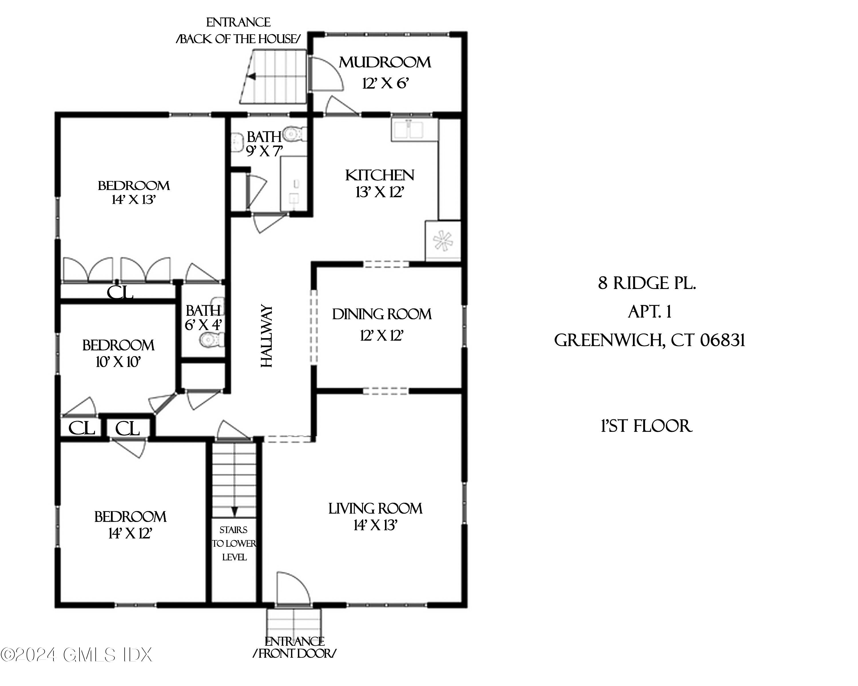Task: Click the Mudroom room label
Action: (x=384, y=62)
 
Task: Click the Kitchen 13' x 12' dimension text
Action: (x=380, y=192)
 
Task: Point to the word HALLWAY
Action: (x=266, y=336)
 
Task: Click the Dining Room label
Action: (x=382, y=314)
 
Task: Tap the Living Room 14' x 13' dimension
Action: (x=375, y=525)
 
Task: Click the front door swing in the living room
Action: (x=293, y=590)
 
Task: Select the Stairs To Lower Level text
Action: (x=234, y=543)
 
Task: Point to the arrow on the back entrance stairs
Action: (x=251, y=76)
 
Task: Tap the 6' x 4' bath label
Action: (x=203, y=317)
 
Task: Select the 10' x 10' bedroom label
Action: (x=118, y=353)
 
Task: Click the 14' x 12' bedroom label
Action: (x=130, y=525)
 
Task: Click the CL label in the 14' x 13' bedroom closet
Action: (x=119, y=293)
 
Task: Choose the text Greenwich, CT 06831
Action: (x=649, y=340)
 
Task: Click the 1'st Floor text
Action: (x=646, y=426)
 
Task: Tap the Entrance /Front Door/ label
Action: (x=295, y=647)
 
